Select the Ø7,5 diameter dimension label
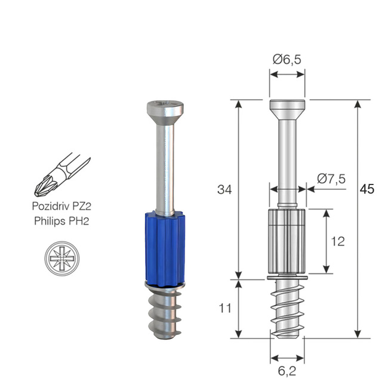tap(332, 178)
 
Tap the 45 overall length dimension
tap(368, 189)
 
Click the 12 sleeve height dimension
tap(337, 241)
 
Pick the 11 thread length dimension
tap(224, 308)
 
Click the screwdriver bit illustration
tap(63, 175)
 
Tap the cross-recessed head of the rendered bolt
tap(165, 109)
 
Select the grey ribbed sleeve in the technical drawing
tap(287, 242)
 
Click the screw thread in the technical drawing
tap(287, 308)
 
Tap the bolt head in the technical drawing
tap(287, 109)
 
